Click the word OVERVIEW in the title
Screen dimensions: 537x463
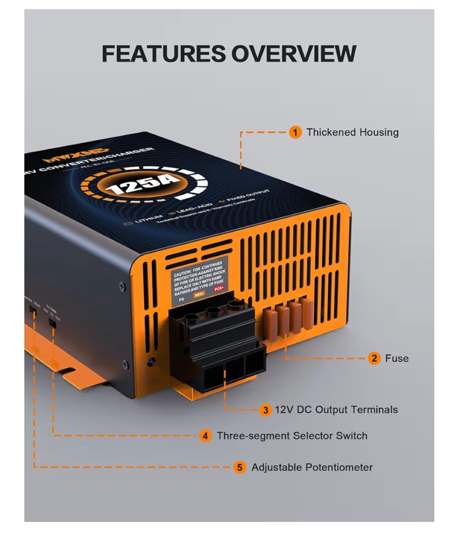pos(293,53)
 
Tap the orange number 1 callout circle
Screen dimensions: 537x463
pos(295,132)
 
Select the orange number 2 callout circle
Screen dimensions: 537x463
pos(374,358)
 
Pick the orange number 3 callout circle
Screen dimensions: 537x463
pos(265,410)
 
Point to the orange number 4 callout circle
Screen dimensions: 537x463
pos(205,436)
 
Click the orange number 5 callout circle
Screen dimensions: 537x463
pos(240,467)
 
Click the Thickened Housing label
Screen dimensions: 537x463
pos(352,132)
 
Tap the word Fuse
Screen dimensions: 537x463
pos(397,358)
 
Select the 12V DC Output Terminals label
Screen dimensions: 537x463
pos(336,410)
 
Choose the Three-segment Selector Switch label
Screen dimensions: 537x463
pos(292,436)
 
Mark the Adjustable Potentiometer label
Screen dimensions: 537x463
pos(312,467)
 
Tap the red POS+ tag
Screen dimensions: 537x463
pos(219,289)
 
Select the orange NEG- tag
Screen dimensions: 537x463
pos(199,294)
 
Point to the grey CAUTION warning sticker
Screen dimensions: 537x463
pos(198,278)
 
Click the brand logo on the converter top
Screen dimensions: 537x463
pos(73,156)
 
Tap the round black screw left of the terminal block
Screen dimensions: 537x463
pos(151,361)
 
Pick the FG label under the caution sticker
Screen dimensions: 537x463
pos(182,299)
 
